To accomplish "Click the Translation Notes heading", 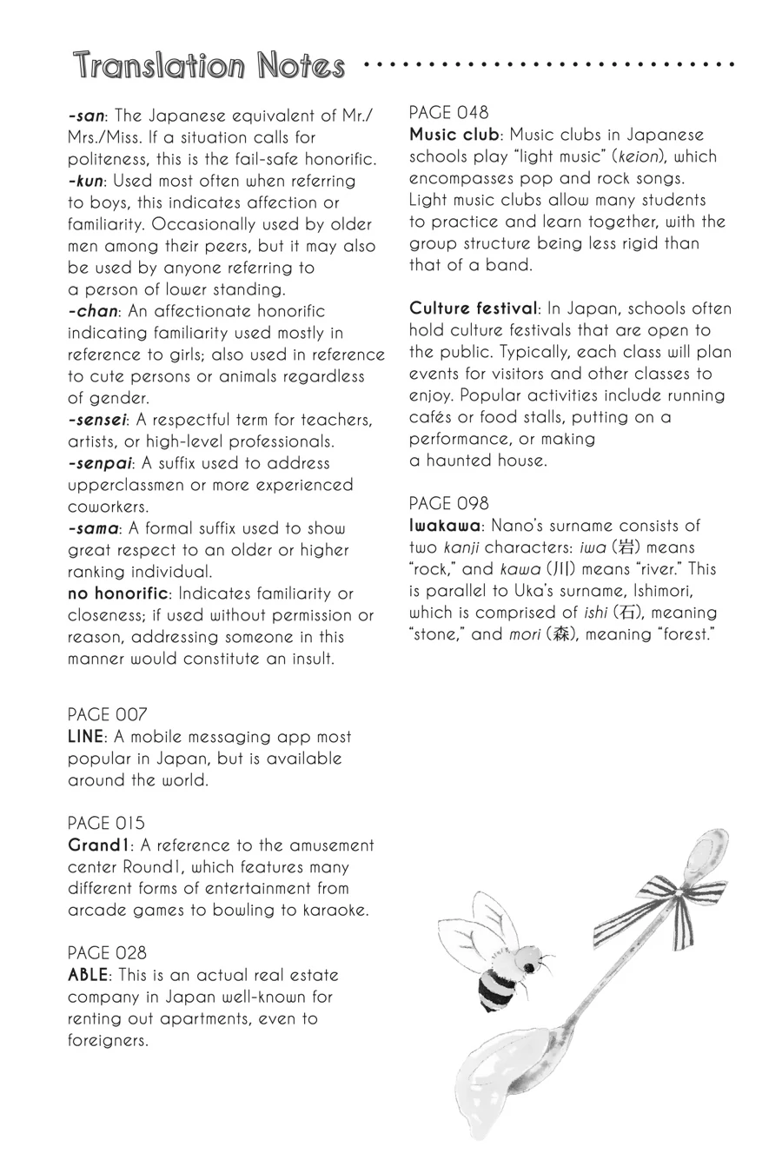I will [209, 66].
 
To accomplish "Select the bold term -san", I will [86, 116].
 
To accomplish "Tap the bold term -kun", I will [86, 181].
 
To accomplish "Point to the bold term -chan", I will [92, 311].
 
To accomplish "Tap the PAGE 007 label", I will [108, 715].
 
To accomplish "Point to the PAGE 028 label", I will [108, 953].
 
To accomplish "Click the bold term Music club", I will [454, 135].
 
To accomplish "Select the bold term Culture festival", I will [474, 308].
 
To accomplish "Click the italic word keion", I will [638, 156].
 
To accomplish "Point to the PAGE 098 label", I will [449, 504].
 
